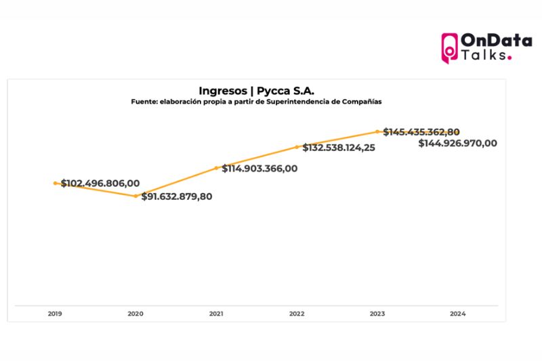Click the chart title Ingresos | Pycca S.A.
point(257,90)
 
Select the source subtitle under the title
point(257,102)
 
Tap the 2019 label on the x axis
point(55,314)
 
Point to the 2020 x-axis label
point(135,314)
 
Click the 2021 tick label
point(216,314)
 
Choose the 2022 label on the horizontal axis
point(297,314)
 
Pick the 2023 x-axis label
point(377,314)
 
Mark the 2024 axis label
point(458,314)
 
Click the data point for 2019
point(56,183)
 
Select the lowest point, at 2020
point(135,196)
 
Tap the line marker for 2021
point(216,167)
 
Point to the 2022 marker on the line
point(297,146)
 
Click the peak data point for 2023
point(377,131)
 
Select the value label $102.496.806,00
point(100,184)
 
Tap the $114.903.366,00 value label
point(259,169)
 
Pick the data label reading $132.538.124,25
point(339,147)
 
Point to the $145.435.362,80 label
point(421,132)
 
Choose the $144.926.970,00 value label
point(457,144)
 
